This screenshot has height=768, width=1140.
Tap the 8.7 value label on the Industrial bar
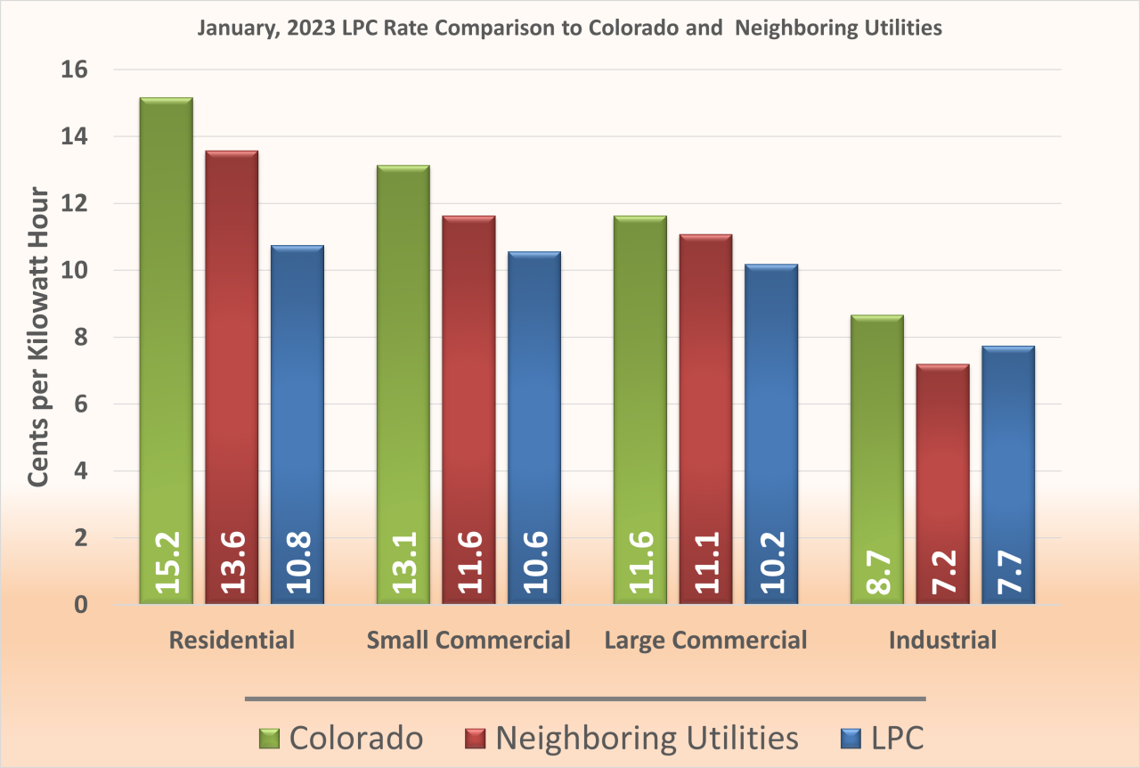[877, 574]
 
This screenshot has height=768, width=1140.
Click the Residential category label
[232, 640]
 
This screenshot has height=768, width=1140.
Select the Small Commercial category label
[468, 640]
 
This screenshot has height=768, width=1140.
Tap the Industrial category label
[942, 640]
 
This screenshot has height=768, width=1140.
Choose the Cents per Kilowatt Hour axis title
[38, 337]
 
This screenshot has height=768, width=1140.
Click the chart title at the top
[569, 29]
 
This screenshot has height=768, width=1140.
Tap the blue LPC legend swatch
[851, 739]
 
